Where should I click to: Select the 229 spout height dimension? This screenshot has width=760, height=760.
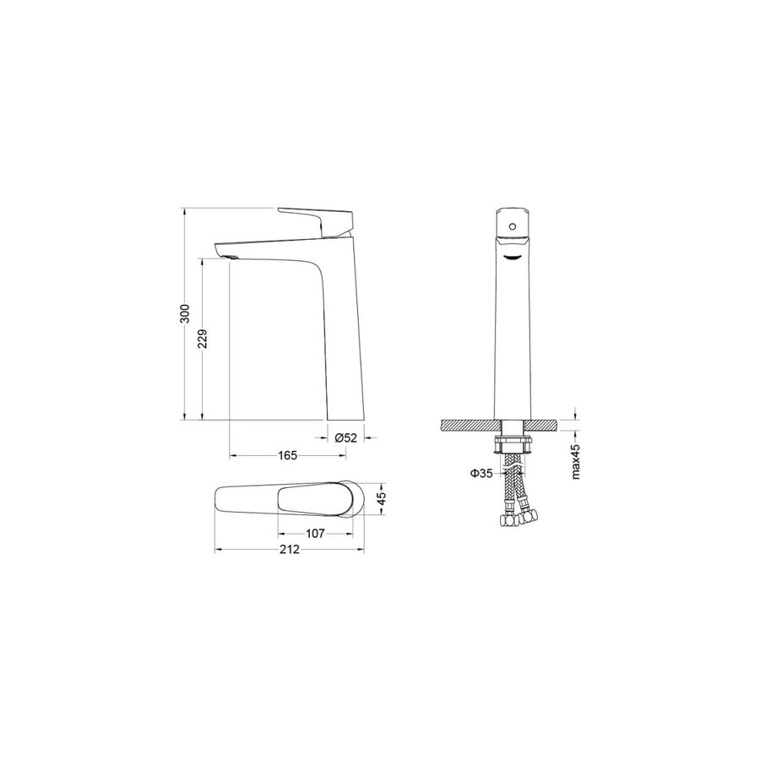click(x=204, y=339)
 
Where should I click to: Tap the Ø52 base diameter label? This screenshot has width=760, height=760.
click(x=346, y=437)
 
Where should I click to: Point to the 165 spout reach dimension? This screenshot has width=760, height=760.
click(x=287, y=455)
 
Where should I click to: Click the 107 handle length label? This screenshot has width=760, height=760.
click(x=315, y=534)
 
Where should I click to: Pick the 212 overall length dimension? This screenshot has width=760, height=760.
click(x=290, y=549)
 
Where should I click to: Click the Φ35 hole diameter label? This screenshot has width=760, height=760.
click(x=481, y=473)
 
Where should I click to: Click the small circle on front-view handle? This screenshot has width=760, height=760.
click(x=512, y=226)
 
